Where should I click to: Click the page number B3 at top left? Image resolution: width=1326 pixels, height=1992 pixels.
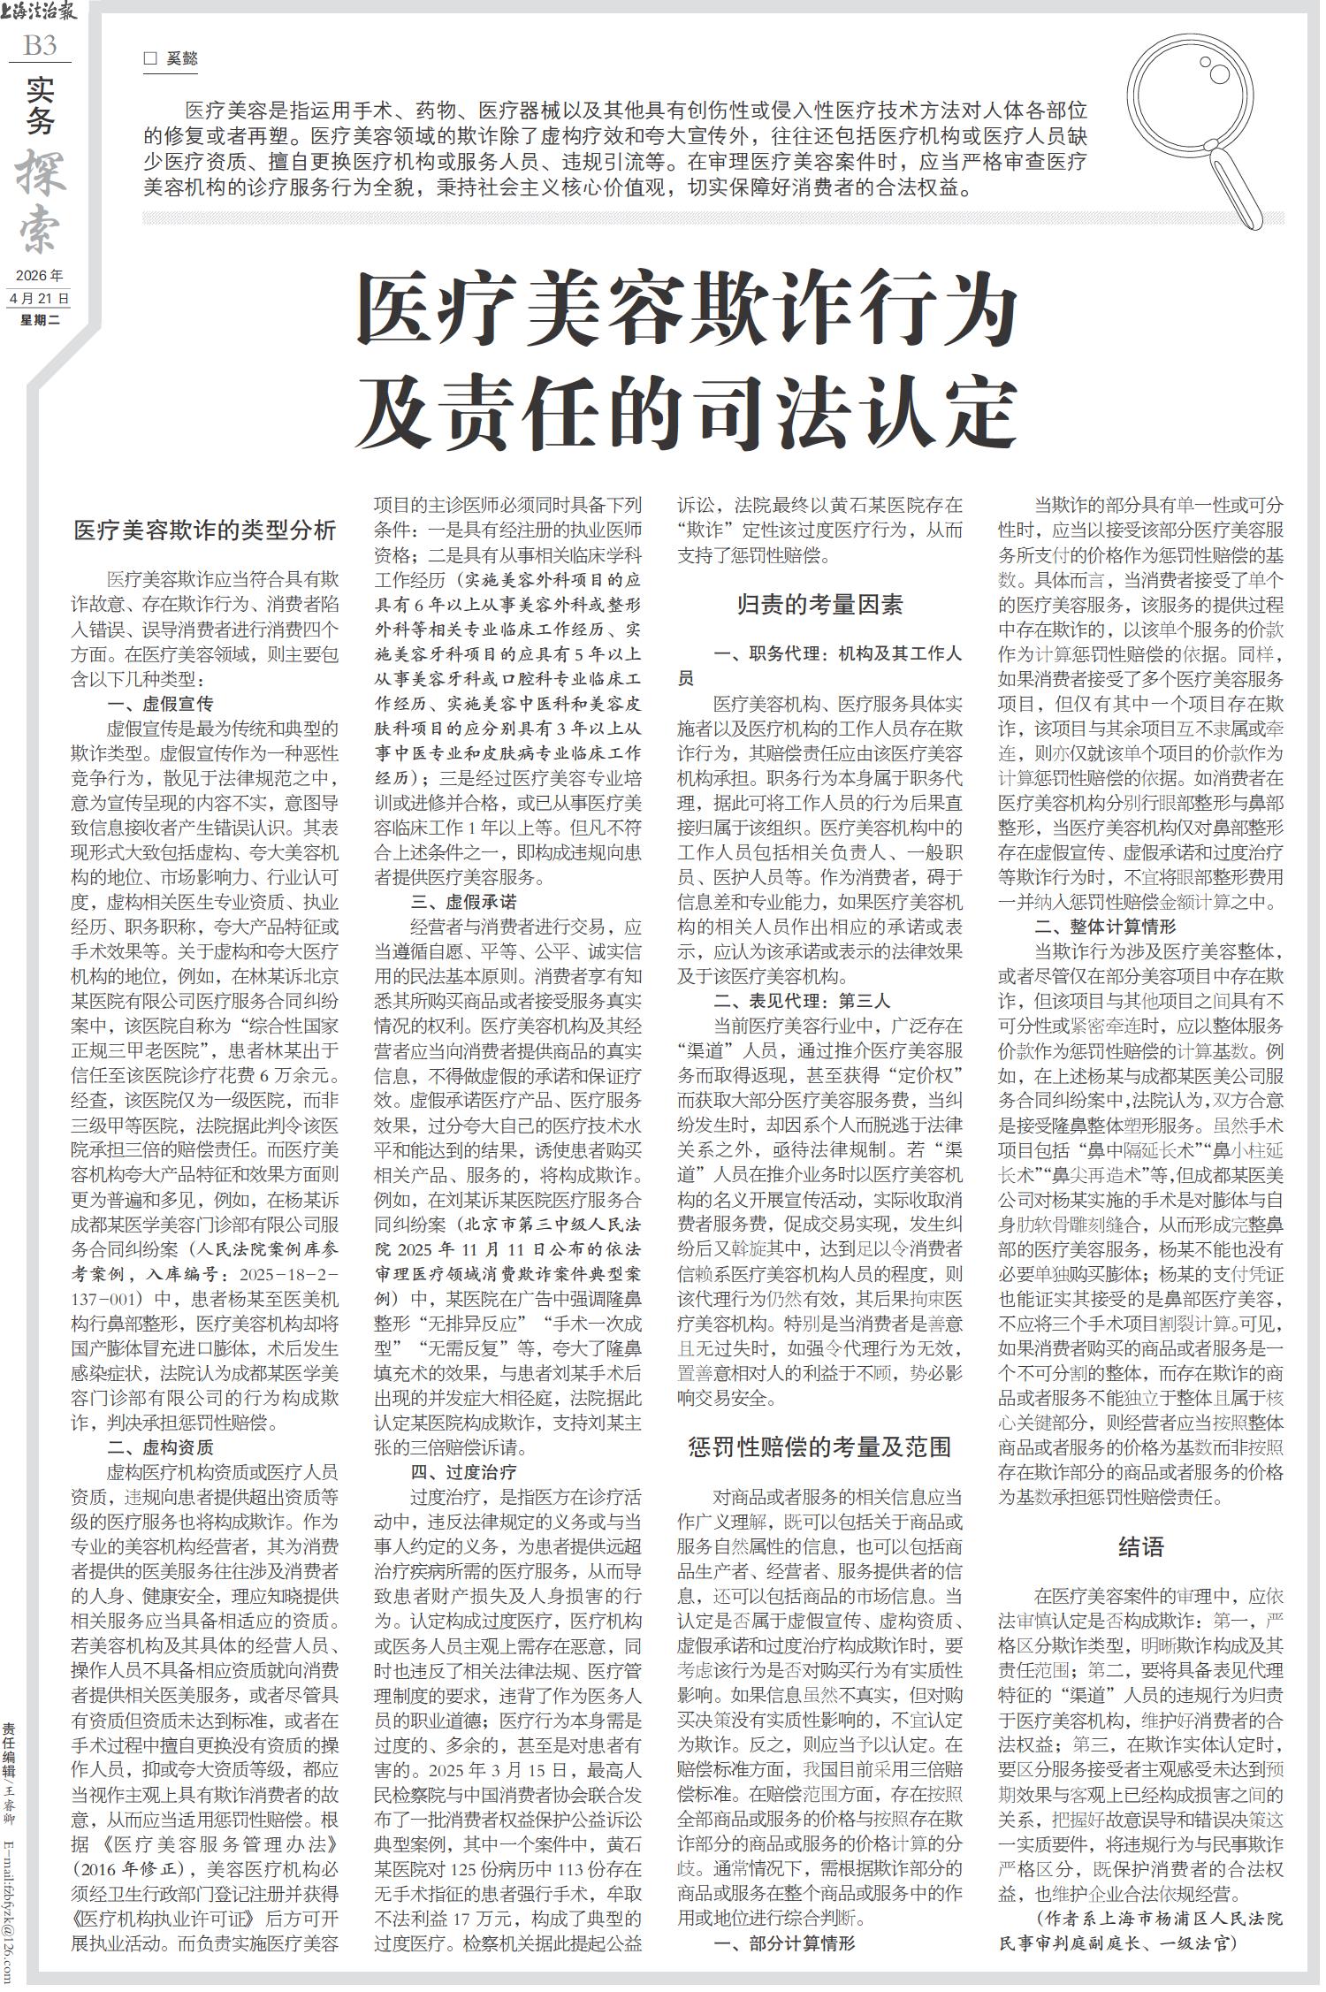pyautogui.click(x=40, y=44)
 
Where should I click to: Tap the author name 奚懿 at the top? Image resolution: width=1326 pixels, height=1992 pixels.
pyautogui.click(x=182, y=59)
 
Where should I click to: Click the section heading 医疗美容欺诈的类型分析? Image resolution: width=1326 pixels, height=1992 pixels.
pyautogui.click(x=204, y=530)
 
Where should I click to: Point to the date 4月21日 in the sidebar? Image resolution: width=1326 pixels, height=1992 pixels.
pyautogui.click(x=40, y=298)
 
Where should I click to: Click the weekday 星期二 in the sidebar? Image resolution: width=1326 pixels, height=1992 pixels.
pyautogui.click(x=40, y=320)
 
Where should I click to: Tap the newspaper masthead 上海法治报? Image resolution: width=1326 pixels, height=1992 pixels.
pyautogui.click(x=40, y=12)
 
